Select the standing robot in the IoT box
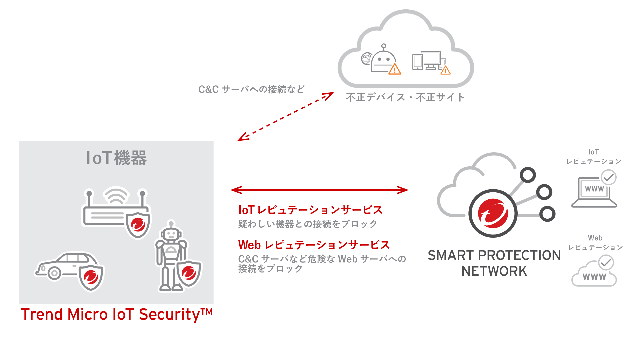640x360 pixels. click(171, 255)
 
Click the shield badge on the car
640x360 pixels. click(91, 277)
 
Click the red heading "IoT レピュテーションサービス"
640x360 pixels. click(310, 210)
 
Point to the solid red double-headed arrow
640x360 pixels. click(319, 190)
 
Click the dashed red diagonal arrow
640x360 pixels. click(285, 117)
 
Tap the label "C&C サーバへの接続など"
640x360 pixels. click(251, 89)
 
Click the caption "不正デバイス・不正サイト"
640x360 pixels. click(405, 97)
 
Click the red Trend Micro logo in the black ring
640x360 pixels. click(493, 213)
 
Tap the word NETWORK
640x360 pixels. click(494, 271)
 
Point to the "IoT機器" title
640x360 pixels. click(116, 158)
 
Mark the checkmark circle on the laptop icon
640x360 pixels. click(608, 177)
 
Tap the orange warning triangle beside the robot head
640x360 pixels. click(395, 69)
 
